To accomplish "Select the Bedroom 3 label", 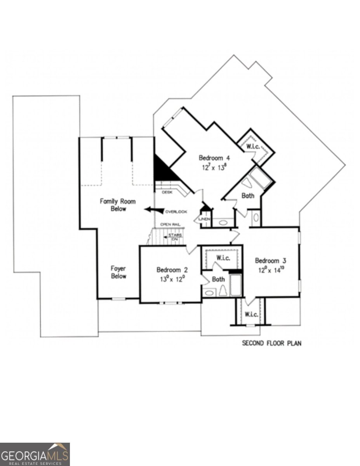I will [x=270, y=261].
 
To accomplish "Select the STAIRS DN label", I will [x=175, y=237].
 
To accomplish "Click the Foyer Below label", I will [x=118, y=272].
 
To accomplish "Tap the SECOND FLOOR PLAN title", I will [x=272, y=343].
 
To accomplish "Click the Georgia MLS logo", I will [x=35, y=454].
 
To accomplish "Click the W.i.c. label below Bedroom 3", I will [x=251, y=314].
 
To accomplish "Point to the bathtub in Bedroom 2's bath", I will [x=235, y=285].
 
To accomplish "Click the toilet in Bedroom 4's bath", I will [x=247, y=183].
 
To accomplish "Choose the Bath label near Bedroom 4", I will [x=248, y=196].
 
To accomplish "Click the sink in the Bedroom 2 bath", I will [x=209, y=293].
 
